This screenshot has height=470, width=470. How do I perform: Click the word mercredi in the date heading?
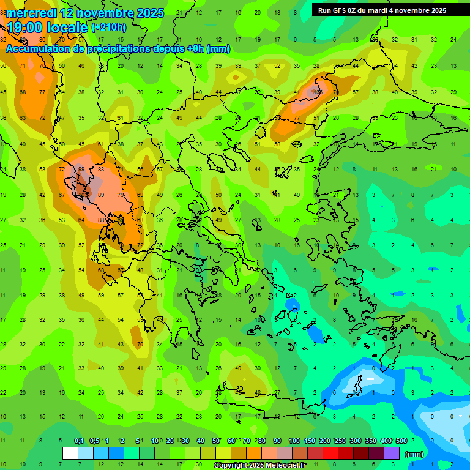[x=31, y=13]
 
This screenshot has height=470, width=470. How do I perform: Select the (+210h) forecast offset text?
[x=109, y=28]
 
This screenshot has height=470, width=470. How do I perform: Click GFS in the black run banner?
[x=340, y=10]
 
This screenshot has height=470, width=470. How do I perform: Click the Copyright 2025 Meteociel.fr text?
[x=261, y=466]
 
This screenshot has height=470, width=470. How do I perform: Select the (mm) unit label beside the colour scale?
[x=414, y=454]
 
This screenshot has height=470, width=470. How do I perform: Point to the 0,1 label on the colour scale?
[x=78, y=441]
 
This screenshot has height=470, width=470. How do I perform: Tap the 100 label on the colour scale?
[x=294, y=441]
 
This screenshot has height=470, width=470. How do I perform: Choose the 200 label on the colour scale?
[x=324, y=441]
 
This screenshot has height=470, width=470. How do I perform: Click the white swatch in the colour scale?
[x=70, y=453]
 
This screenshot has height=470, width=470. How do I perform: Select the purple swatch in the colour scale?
[x=392, y=453]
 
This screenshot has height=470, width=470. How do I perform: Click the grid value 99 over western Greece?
[x=81, y=170]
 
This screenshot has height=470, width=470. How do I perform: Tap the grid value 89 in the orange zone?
[x=101, y=195]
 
